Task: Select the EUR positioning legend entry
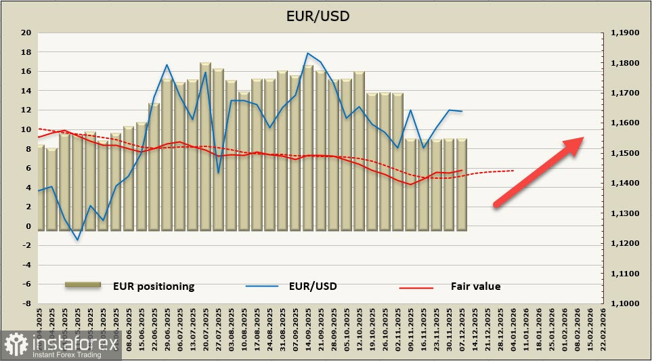[154, 286]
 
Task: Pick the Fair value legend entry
[475, 286]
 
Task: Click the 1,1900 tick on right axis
[625, 33]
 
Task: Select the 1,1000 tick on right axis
[625, 304]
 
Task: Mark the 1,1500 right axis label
[625, 153]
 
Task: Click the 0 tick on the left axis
[28, 226]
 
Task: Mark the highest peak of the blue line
[308, 53]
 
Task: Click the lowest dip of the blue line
[77, 240]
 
